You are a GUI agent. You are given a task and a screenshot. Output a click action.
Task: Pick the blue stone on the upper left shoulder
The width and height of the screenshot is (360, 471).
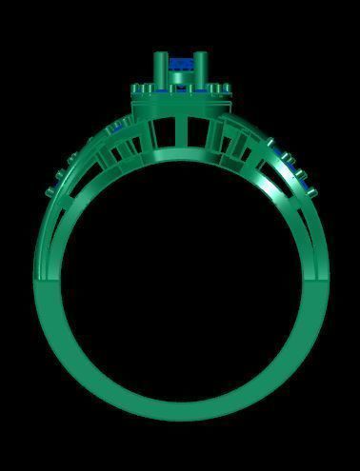[117, 128]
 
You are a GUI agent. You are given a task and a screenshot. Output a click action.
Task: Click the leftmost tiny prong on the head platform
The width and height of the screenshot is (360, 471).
[135, 91]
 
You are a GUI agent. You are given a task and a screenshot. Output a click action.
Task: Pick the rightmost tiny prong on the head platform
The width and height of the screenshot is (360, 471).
[229, 91]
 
